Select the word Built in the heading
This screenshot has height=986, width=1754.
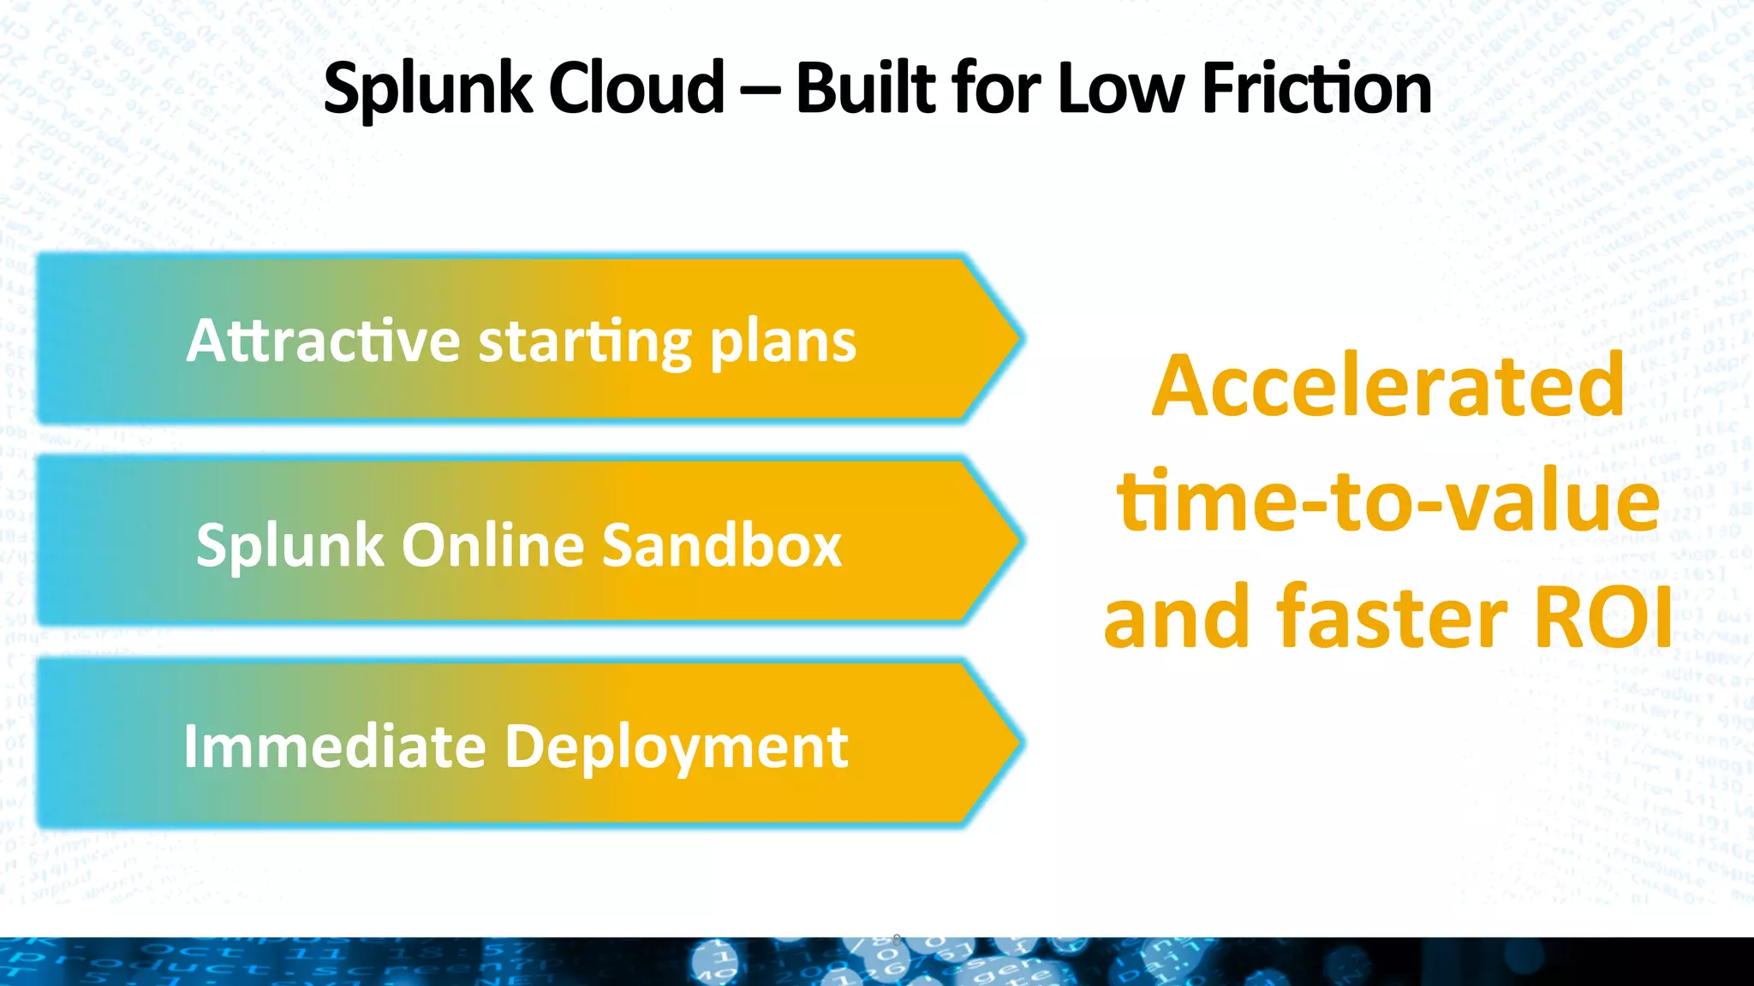coord(866,88)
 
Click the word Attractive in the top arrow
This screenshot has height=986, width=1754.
coord(324,341)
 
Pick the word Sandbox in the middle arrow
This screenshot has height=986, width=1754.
coord(722,545)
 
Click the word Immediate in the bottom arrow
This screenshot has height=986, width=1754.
coord(335,746)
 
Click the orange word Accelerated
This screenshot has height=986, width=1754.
coord(1387,386)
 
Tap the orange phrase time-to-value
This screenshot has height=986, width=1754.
coord(1387,501)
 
